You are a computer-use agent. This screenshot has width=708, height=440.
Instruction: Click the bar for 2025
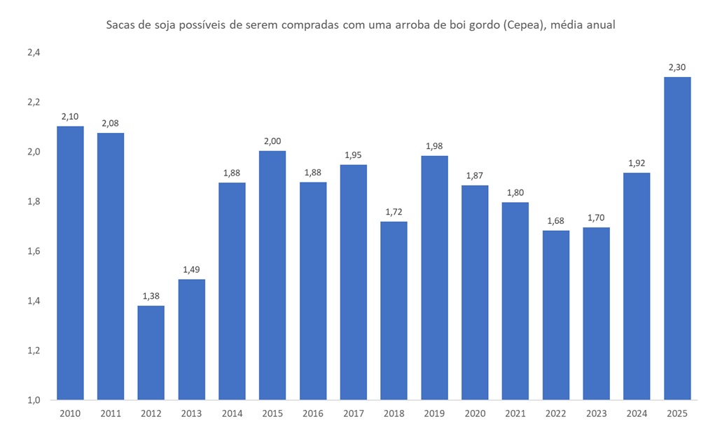coord(677,238)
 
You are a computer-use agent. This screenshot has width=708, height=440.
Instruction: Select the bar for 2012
coord(151,353)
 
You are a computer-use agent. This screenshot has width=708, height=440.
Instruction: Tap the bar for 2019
coord(435,278)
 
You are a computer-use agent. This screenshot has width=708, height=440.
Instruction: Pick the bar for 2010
coord(70,262)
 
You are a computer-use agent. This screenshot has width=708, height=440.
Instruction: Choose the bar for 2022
coord(556,315)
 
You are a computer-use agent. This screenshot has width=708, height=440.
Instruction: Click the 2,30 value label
coord(677,68)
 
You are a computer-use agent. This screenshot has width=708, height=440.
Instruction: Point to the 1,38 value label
coord(151,297)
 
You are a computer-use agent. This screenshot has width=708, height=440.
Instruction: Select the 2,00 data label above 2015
coord(272,142)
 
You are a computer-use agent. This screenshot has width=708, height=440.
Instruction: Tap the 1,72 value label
coord(394,212)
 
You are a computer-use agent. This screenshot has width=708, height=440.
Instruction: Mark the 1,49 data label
coord(192,270)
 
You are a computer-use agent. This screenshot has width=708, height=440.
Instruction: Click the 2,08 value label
coord(111,124)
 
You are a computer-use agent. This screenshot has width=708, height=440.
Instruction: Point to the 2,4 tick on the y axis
coord(34,52)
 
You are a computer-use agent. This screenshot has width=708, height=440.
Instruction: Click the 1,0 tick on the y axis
coord(34,399)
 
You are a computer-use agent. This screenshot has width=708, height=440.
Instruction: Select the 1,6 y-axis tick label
coord(34,251)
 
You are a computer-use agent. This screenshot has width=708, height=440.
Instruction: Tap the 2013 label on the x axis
coord(192,413)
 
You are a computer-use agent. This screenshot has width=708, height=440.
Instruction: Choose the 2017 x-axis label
coord(354,413)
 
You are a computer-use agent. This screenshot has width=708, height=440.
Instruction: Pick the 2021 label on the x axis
coord(515,413)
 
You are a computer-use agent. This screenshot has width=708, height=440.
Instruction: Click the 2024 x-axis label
coord(637,413)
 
